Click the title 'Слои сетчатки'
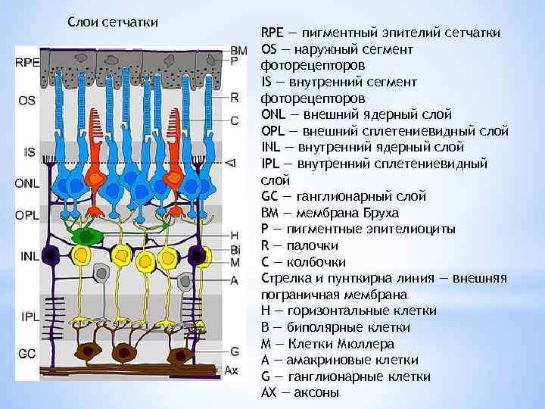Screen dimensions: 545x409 [x=113, y=21]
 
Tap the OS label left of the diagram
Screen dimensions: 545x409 [x=26, y=100]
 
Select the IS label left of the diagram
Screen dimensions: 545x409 [x=29, y=152]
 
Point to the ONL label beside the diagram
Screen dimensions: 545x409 [x=27, y=183]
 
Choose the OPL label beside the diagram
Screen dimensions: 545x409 [x=27, y=215]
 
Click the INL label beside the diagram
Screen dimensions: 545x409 [x=30, y=256]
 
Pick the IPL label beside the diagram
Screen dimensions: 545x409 [x=28, y=315]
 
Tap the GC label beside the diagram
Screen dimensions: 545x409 [x=26, y=354]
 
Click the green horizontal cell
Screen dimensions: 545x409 [x=87, y=236]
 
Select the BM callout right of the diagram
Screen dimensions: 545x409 [x=238, y=49]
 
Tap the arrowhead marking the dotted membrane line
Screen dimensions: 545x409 [x=232, y=163]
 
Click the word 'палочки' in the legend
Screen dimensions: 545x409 [x=312, y=245]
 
